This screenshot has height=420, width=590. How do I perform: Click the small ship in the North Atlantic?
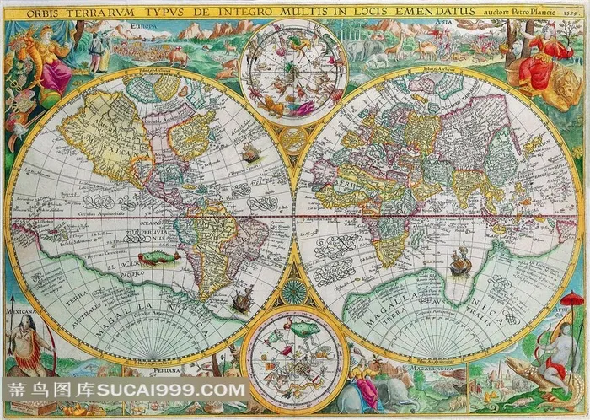pyautogui.click(x=250, y=152)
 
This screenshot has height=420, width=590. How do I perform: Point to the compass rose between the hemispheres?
pyautogui.click(x=294, y=292)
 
